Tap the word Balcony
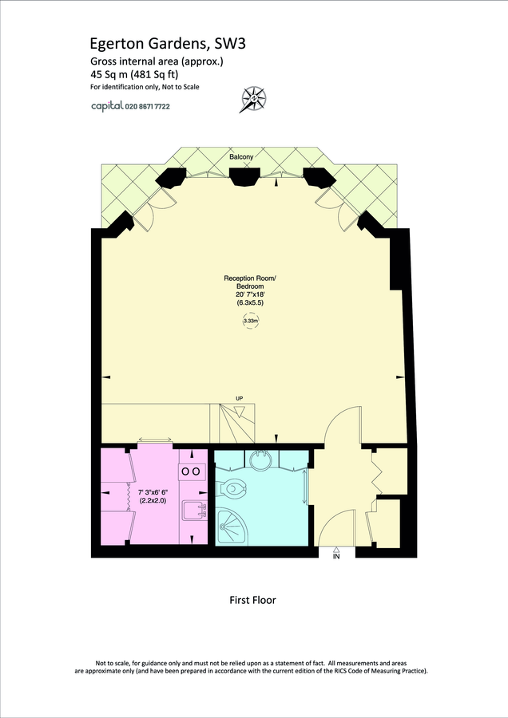241,157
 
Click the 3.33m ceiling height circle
250,321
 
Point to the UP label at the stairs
239,398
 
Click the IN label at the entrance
336,557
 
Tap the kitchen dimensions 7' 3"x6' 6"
152,492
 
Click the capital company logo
105,105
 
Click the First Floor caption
252,600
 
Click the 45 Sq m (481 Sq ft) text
134,74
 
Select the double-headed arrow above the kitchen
155,438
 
